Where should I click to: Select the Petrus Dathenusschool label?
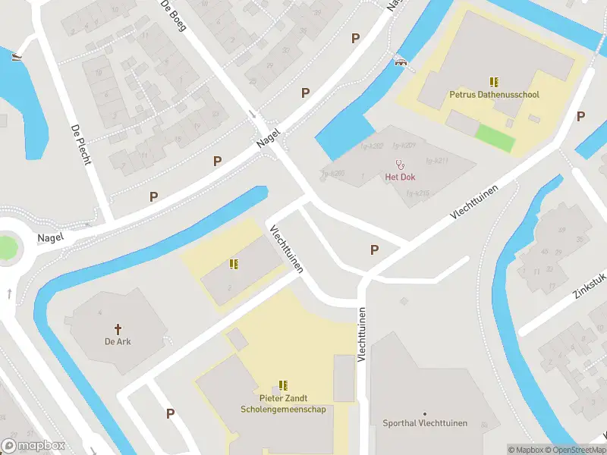tap(494, 95)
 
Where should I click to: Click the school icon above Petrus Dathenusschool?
tap(494, 82)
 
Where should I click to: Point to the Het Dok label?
tap(400, 177)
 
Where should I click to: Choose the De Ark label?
tap(118, 341)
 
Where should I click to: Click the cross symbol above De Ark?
tap(118, 328)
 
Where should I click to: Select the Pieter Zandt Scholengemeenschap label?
tap(283, 403)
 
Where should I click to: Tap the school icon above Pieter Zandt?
tap(283, 385)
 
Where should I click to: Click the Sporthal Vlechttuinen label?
tap(425, 423)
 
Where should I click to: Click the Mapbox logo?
tap(33, 445)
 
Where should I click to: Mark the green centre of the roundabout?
tap(5, 247)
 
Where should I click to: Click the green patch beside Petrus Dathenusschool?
tap(494, 136)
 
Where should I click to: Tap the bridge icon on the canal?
tap(400, 62)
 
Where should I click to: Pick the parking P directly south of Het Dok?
tap(374, 249)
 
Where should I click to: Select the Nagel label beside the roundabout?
tap(50, 237)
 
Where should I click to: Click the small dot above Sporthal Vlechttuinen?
tap(425, 413)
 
